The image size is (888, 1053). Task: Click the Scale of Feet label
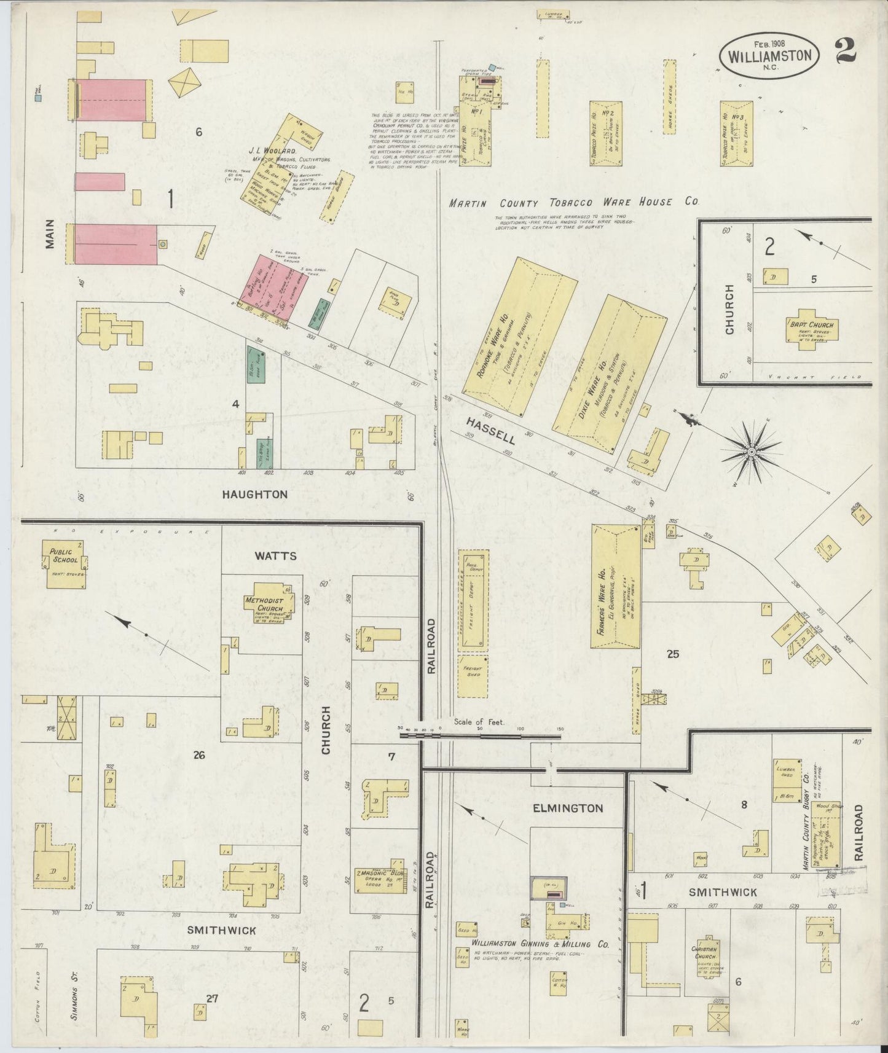click(x=479, y=722)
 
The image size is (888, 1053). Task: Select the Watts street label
click(x=275, y=556)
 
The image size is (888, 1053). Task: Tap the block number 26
click(x=198, y=755)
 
